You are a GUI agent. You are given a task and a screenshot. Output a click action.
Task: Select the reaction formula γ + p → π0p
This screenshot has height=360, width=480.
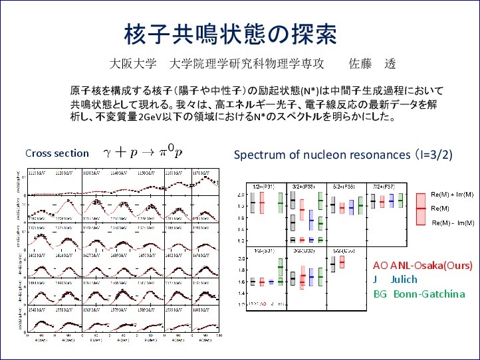pyautogui.click(x=142, y=152)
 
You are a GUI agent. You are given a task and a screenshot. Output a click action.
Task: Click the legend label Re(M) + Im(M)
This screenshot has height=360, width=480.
pyautogui.click(x=453, y=195)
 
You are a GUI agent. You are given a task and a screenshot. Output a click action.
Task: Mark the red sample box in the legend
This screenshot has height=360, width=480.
pyautogui.click(x=420, y=208)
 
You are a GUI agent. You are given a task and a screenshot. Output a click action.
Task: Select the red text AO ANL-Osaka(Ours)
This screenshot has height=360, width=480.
pyautogui.click(x=423, y=265)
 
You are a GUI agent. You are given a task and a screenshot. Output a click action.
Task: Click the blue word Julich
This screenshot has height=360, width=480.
pyautogui.click(x=404, y=279)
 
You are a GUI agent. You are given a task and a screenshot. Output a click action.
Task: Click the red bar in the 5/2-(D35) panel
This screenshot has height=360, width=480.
pyautogui.click(x=342, y=262)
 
